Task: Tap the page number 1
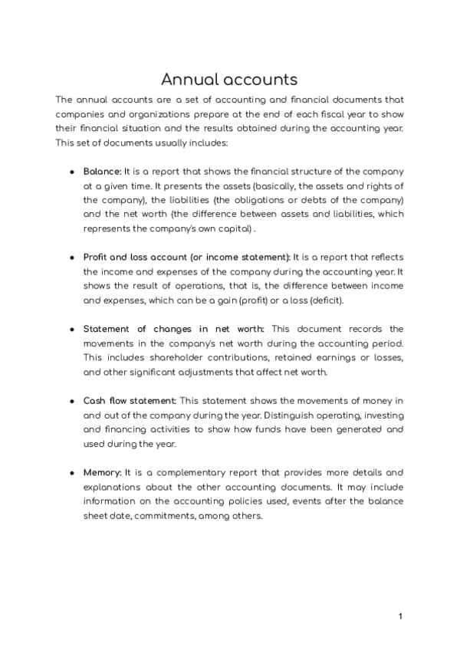400,616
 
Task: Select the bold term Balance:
102,171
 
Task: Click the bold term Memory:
102,472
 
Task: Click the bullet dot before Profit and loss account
72,257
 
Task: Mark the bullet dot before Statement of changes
72,329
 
